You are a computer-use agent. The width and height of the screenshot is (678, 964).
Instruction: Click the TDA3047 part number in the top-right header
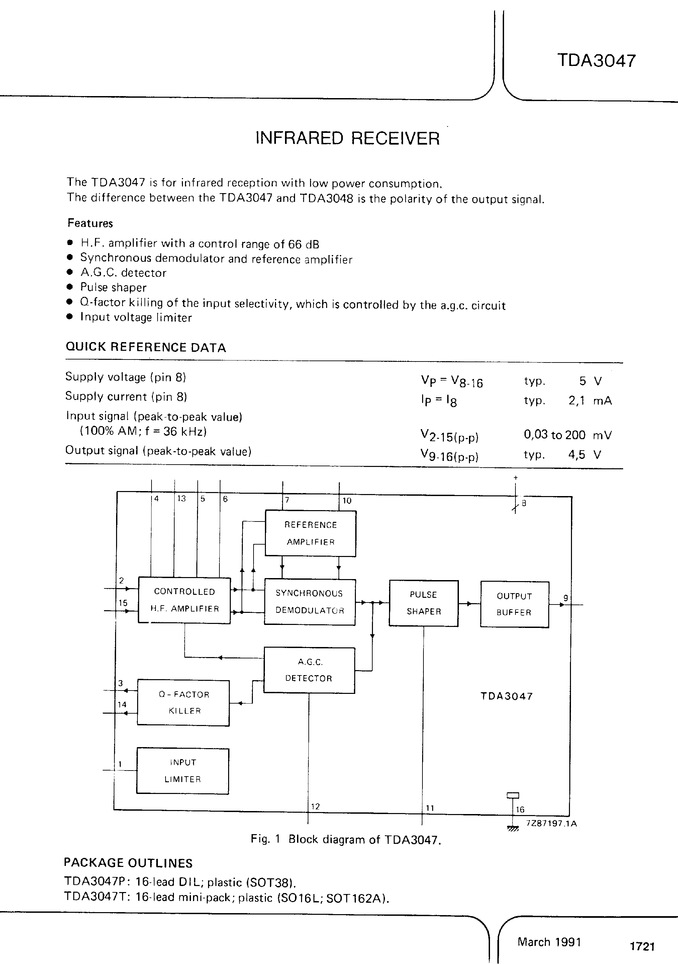[596, 61]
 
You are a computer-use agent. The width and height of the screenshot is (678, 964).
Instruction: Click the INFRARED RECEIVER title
[348, 138]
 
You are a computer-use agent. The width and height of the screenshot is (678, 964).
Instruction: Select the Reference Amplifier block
[310, 533]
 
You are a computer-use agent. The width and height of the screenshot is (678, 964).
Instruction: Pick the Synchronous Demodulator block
[310, 601]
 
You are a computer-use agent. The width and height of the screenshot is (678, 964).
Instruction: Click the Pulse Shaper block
[423, 603]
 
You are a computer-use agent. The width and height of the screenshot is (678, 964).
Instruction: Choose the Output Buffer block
[514, 604]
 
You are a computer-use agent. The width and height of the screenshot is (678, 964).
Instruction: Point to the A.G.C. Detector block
[309, 670]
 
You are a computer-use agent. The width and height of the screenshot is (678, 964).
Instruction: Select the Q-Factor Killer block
[183, 703]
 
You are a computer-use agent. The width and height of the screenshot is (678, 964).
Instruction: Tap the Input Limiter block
[183, 771]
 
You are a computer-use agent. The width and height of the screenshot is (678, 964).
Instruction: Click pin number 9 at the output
[566, 598]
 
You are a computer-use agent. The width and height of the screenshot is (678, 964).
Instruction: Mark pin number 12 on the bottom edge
[315, 806]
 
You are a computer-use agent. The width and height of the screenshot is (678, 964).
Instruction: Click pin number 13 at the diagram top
[181, 498]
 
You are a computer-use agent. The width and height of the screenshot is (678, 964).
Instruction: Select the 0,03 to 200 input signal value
[554, 434]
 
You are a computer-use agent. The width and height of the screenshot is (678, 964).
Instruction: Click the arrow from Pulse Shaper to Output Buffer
[469, 604]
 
